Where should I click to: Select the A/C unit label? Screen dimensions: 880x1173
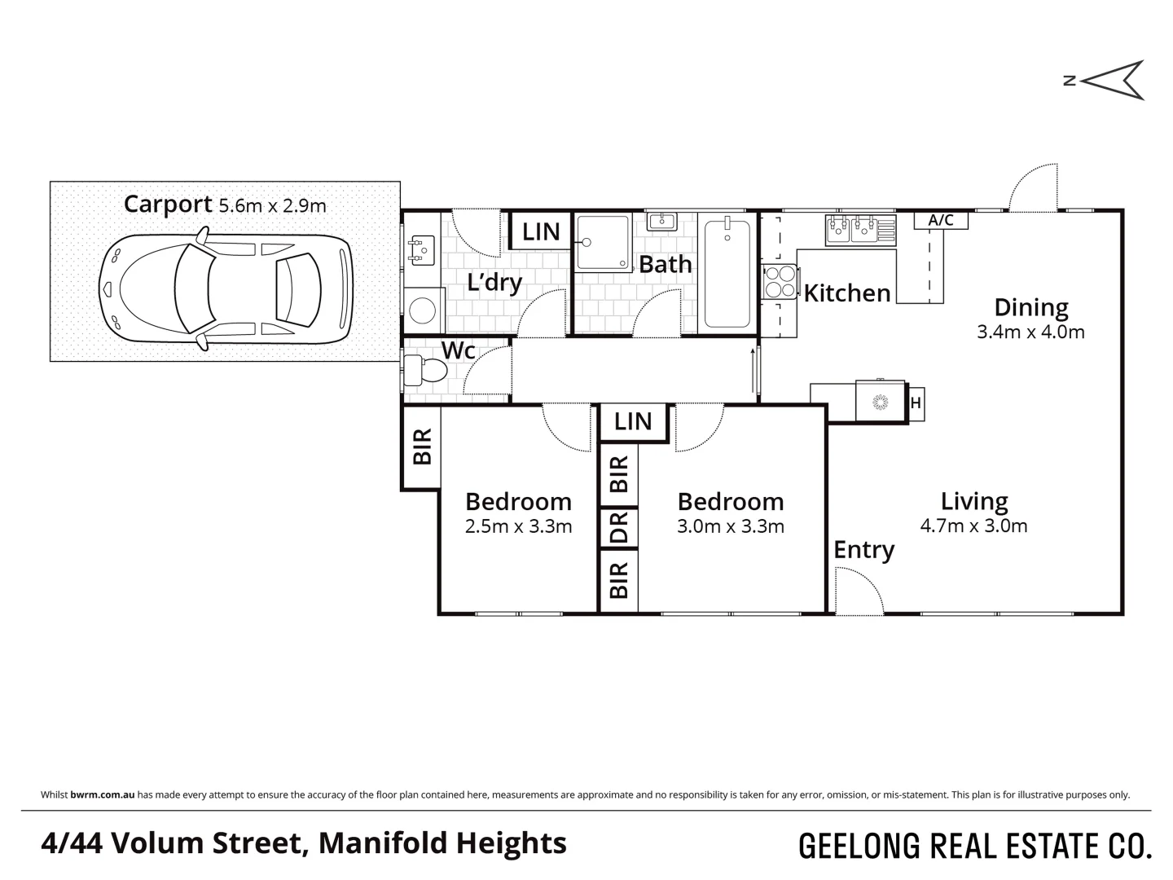tap(941, 220)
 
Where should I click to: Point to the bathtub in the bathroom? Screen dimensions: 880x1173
tap(727, 273)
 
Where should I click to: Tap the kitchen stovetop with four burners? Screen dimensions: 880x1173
tap(780, 282)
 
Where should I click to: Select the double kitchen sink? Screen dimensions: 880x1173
tap(851, 229)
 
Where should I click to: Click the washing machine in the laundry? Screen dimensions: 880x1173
tap(423, 310)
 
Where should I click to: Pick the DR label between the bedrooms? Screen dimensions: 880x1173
tap(619, 527)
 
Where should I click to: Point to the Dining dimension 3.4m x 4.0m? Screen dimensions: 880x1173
tap(1030, 332)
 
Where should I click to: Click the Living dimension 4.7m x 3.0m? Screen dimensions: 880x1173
tap(973, 526)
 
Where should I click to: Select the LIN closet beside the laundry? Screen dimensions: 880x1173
tap(541, 231)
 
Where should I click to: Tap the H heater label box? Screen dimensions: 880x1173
tap(916, 403)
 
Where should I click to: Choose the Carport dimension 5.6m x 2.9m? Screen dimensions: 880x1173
tap(272, 205)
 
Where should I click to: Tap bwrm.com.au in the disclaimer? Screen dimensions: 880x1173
tap(102, 794)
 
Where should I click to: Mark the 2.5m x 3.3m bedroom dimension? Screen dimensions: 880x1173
tap(518, 527)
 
